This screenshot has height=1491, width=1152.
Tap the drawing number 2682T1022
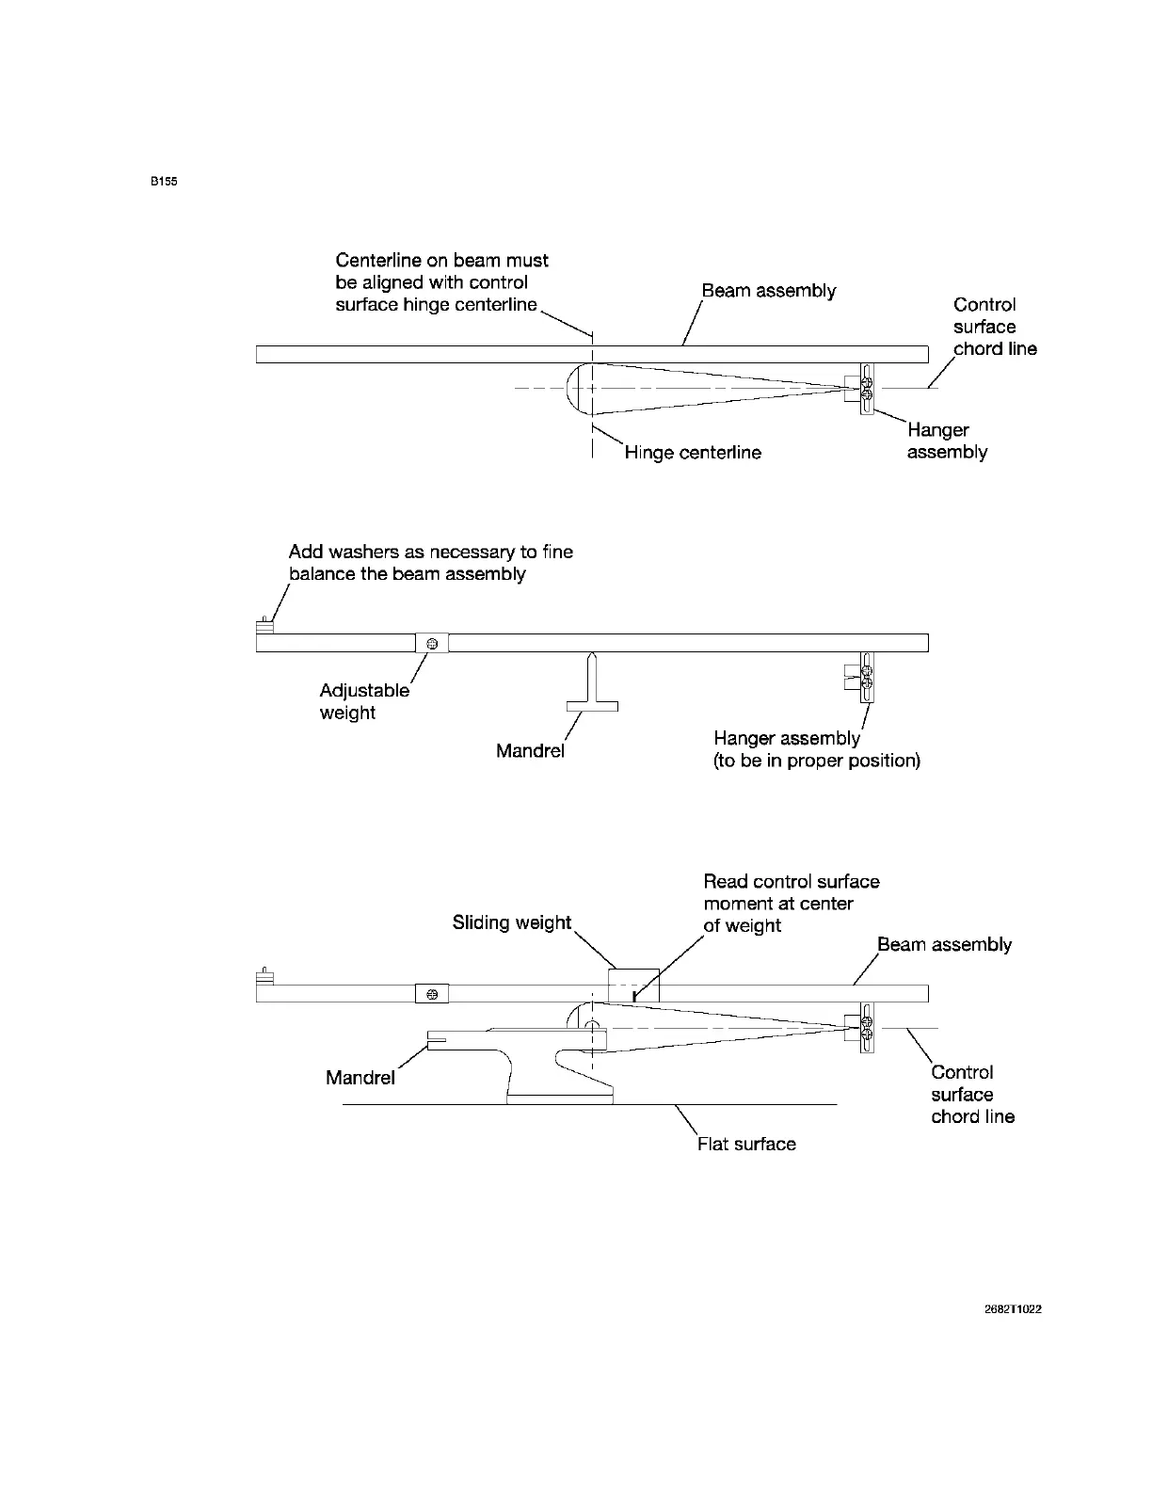1013,1309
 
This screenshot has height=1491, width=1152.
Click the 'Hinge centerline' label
693,453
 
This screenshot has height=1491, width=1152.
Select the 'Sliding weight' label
512,922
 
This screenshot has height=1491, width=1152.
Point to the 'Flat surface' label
746,1144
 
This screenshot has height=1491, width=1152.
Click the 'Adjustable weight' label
363,701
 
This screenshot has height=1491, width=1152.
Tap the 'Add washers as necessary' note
430,562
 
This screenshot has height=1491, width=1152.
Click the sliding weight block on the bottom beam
634,986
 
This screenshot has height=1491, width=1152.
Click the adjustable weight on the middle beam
432,643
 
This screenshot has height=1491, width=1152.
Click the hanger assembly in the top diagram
866,389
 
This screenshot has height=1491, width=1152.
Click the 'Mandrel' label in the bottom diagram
360,1078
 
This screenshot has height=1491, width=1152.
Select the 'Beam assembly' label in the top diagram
768,291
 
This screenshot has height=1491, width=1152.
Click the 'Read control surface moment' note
791,904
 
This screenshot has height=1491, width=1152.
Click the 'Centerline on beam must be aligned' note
441,282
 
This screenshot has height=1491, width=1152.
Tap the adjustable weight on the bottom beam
432,993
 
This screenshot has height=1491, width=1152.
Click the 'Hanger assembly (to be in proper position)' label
816,749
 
